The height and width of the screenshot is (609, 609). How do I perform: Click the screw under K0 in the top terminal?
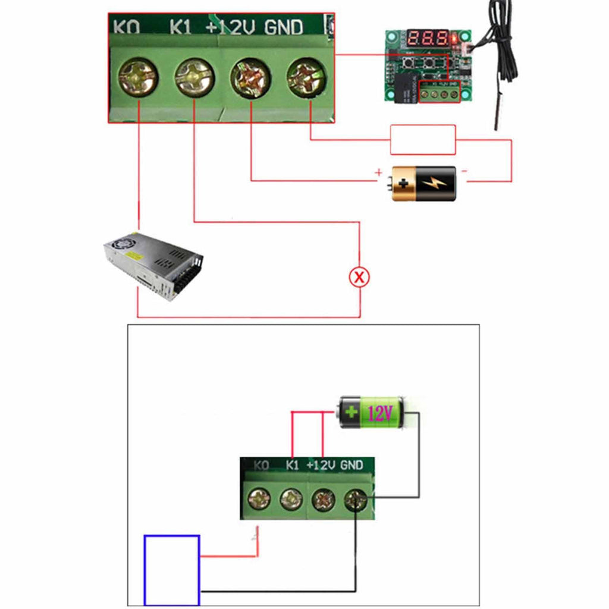138,78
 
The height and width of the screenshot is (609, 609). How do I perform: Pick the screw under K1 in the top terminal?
194,78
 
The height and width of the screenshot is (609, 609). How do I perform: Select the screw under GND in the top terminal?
306,77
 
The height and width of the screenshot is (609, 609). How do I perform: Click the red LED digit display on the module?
428,40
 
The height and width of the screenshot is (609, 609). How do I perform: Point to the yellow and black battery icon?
423,183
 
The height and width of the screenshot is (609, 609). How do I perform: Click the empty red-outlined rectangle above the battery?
422,140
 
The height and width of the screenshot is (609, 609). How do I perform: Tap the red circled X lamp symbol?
359,277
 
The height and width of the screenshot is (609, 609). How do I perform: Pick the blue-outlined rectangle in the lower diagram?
172,570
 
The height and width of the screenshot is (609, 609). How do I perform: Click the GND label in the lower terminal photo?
351,464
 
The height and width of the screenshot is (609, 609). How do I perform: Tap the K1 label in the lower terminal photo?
292,464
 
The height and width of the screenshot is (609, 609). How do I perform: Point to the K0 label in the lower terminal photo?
262,464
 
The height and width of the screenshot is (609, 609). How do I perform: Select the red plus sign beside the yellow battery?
378,172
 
